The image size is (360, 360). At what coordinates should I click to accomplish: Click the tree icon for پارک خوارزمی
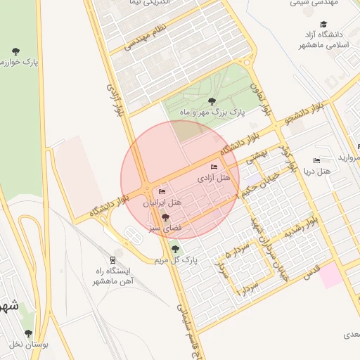click(16, 51)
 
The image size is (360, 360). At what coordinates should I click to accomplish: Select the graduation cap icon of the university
click(323, 24)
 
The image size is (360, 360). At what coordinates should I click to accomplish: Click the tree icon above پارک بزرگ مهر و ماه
click(212, 101)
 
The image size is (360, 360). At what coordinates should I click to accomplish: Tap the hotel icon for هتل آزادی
click(214, 167)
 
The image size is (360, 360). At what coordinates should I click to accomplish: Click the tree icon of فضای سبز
click(166, 217)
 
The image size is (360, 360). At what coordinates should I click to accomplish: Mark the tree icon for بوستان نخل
click(28, 333)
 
